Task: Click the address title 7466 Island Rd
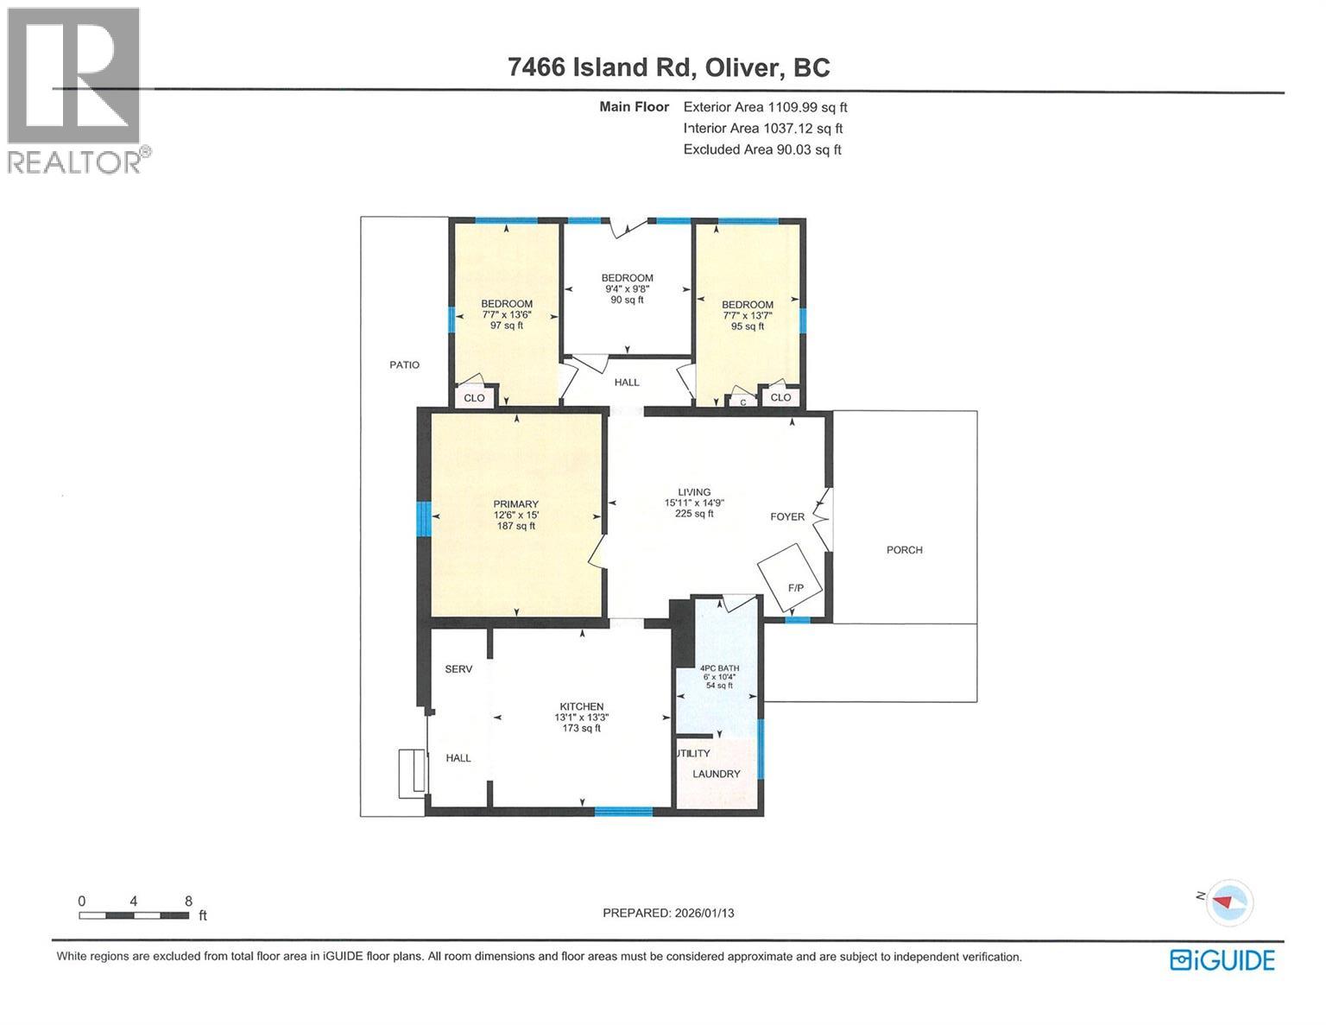(668, 67)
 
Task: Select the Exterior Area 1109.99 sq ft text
(765, 107)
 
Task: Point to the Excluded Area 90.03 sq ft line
(761, 149)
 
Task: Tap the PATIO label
(404, 364)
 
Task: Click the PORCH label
(904, 550)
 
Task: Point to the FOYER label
(787, 517)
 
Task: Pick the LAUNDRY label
(716, 774)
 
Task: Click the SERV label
(458, 668)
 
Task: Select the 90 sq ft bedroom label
(627, 288)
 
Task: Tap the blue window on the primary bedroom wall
(423, 520)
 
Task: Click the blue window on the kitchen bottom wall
(623, 811)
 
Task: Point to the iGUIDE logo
(1222, 959)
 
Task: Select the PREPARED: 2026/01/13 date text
(668, 913)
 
